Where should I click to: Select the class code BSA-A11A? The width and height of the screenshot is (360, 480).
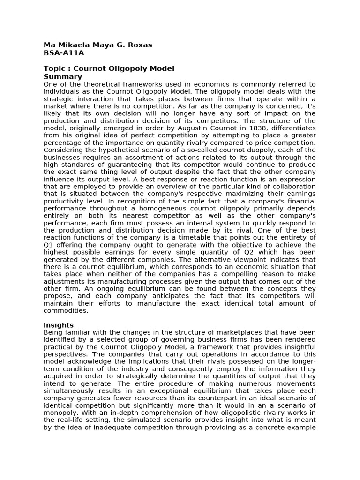pyautogui.click(x=64, y=53)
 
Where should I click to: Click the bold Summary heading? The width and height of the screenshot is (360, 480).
pyautogui.click(x=63, y=77)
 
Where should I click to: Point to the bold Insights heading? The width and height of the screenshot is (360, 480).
pyautogui.click(x=59, y=325)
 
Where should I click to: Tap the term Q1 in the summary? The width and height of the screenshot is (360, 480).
pyautogui.click(x=49, y=245)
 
